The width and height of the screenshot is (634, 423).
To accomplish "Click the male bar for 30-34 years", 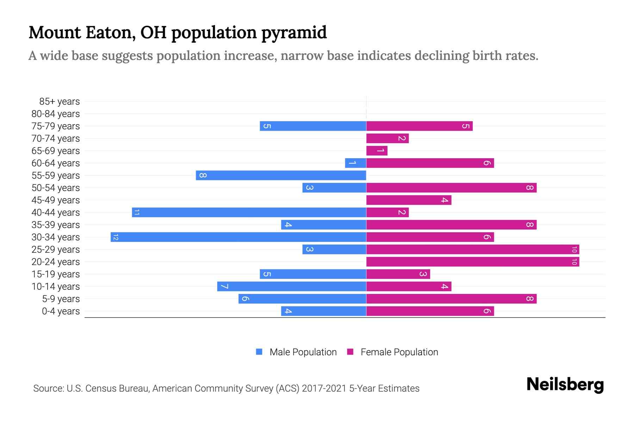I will (238, 237).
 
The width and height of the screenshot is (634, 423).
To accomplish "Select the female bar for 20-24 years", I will (473, 262).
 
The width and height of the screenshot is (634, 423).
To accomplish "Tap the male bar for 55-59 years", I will (281, 176).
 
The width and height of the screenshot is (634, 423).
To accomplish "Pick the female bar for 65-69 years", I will (377, 151).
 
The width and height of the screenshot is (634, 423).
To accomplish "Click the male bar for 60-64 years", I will (356, 163).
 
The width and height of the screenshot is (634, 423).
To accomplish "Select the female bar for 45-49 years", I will (409, 200).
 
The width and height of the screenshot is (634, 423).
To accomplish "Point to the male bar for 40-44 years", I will (249, 213).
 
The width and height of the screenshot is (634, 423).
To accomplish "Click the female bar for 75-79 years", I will (419, 126).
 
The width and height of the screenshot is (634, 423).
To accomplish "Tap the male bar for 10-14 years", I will (292, 287).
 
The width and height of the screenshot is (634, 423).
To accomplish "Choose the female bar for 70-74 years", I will (387, 139).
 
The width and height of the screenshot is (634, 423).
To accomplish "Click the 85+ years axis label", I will (60, 102).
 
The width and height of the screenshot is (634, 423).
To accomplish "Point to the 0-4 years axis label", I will (61, 311).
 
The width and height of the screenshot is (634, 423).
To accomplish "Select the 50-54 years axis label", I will (56, 188).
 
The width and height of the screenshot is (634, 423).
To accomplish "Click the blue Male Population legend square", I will (259, 352).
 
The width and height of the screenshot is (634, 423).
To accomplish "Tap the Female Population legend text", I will (399, 352).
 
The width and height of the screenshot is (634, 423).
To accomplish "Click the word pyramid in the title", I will (294, 32).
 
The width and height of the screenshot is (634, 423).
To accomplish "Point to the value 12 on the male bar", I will (116, 237).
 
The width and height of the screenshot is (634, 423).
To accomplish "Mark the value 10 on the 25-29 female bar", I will (574, 250).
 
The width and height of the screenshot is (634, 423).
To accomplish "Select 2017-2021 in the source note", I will (324, 388).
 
